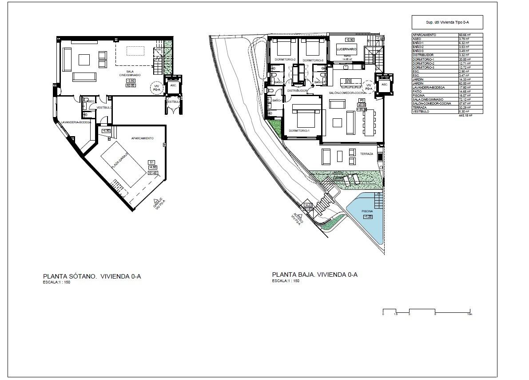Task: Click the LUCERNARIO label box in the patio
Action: coord(346,49)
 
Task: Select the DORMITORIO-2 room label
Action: coord(285,60)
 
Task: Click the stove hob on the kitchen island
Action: coord(349,81)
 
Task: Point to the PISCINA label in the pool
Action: coord(367,211)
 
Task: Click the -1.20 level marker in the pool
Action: coord(368,217)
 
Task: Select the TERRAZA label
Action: coord(366,154)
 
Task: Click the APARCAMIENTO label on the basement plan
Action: coord(142,138)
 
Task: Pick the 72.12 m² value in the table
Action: coord(464,99)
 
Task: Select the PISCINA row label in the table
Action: coord(418,95)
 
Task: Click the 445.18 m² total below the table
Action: coord(465,115)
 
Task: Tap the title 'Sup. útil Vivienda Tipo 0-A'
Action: coord(447,22)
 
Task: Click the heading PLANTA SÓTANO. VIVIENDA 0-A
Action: coord(91,276)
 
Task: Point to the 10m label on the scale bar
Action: coord(469,314)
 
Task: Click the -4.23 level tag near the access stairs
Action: coord(307,205)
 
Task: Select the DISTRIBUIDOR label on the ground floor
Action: coord(297,90)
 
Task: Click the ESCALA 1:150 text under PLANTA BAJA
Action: coord(286,281)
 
